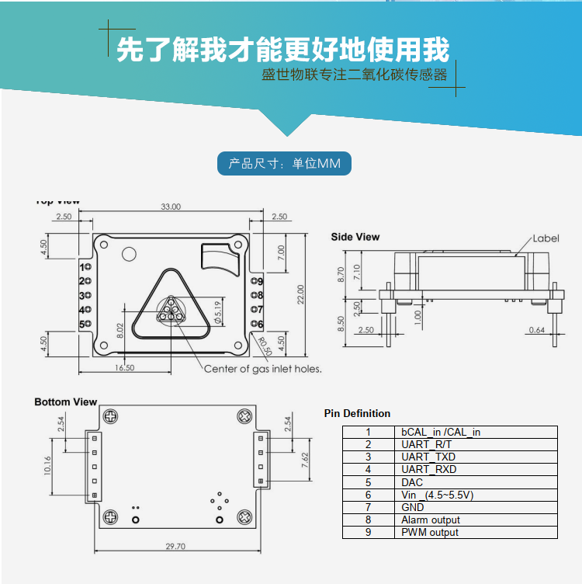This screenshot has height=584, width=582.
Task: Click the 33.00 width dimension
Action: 170,207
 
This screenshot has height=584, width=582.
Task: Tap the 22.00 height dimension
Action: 300,294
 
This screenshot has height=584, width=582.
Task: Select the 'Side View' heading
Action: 355,237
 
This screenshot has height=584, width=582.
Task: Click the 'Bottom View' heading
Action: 66,401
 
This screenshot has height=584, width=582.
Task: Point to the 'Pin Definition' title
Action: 357,413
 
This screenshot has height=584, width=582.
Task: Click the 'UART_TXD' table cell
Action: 428,457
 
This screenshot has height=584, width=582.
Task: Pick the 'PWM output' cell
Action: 430,532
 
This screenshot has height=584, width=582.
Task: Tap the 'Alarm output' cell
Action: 431,520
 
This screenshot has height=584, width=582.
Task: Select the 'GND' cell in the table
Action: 413,507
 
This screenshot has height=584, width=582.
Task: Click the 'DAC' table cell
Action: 412,482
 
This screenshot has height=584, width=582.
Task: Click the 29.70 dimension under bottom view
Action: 175,547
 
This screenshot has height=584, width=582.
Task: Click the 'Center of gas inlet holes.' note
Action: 262,369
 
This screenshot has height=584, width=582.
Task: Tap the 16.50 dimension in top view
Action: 125,367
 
